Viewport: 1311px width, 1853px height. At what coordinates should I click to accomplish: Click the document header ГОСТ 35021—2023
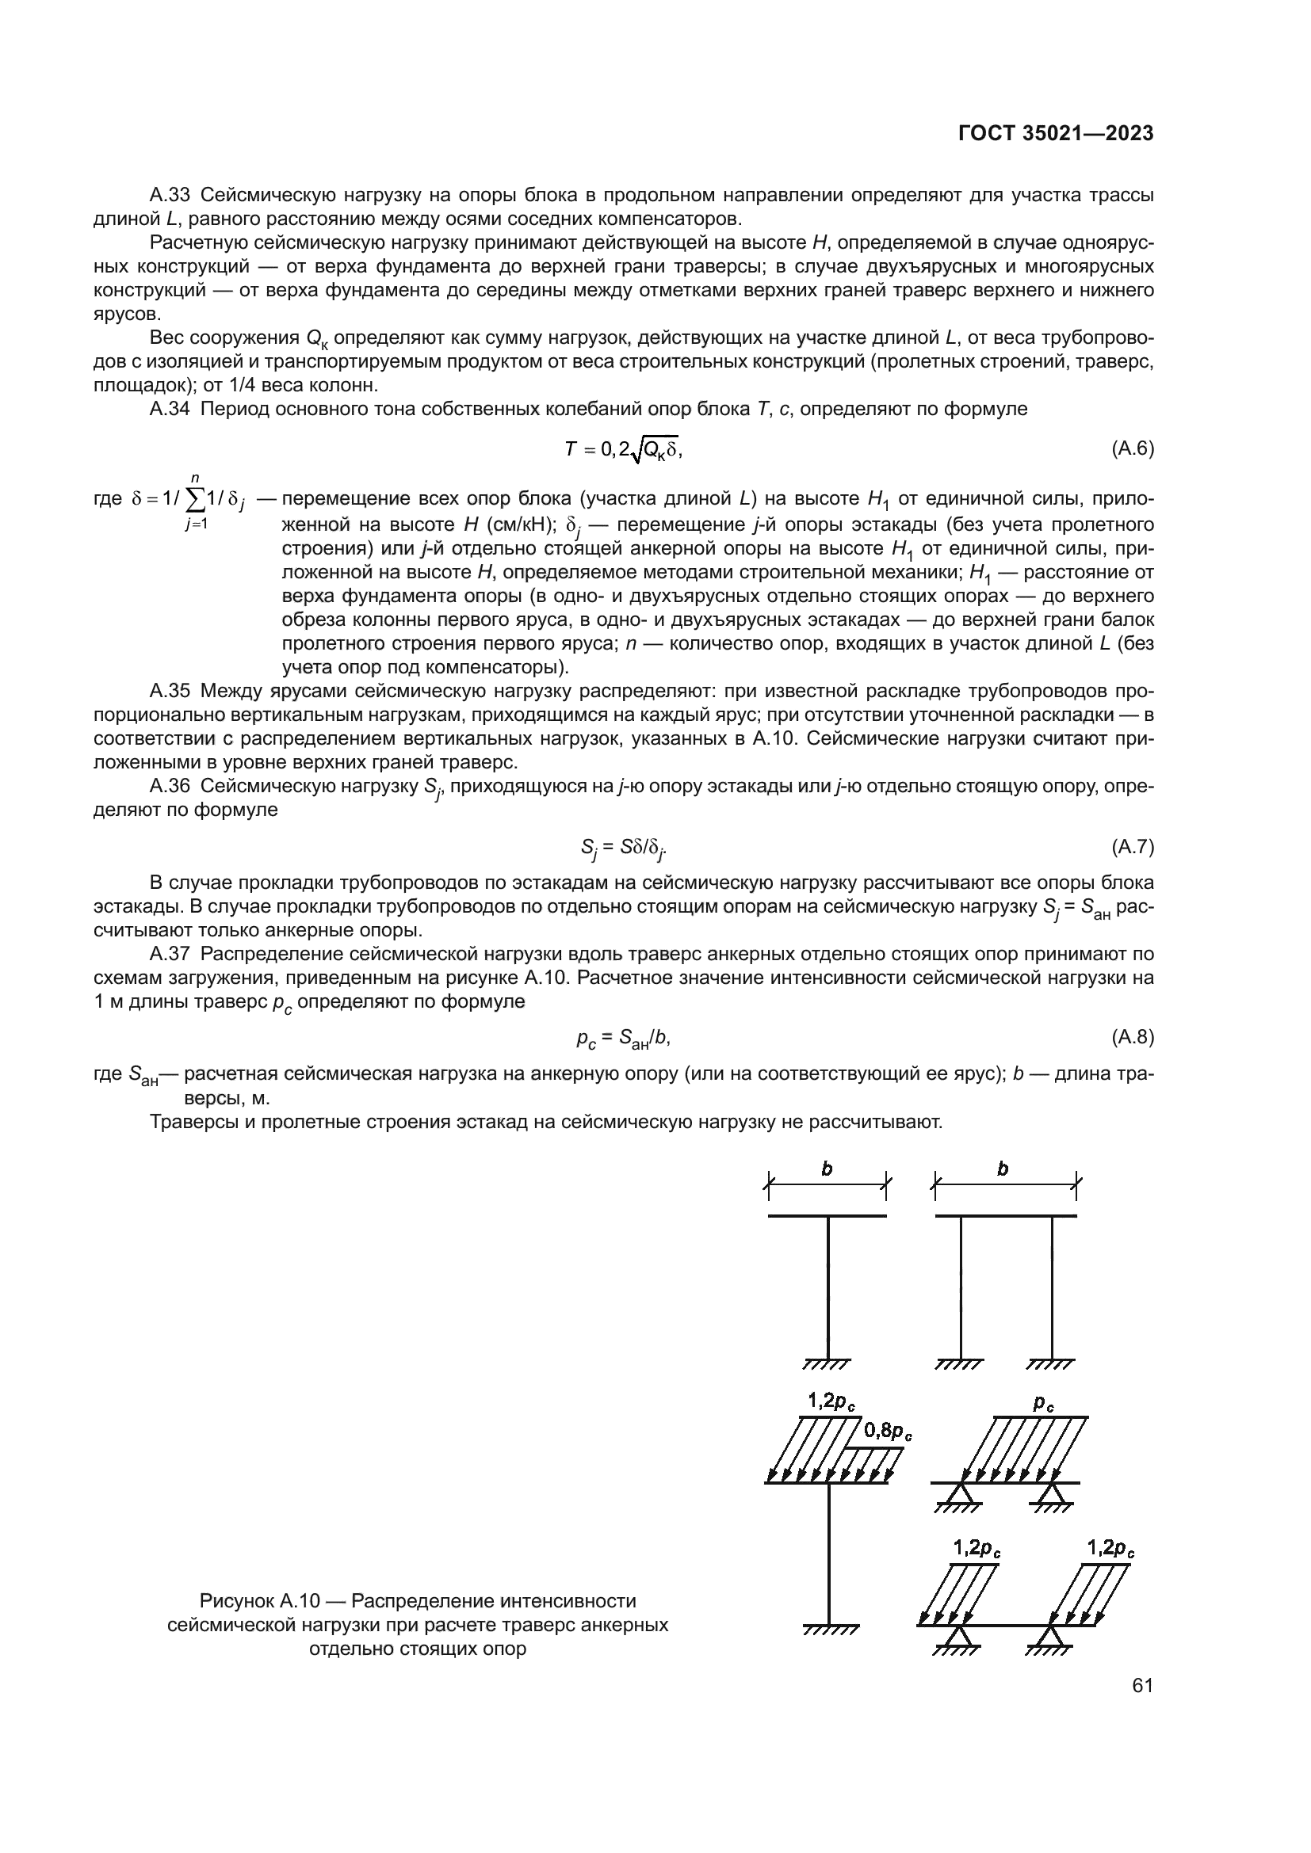coord(1056,133)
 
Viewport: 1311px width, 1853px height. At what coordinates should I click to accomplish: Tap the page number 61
coord(1142,1685)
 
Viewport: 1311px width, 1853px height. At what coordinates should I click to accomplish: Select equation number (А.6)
coord(1133,448)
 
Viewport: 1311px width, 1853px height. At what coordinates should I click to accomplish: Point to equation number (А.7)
coord(1133,847)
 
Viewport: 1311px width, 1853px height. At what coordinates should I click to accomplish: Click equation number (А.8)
coord(1133,1037)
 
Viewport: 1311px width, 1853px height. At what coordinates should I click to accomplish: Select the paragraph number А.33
coord(170,195)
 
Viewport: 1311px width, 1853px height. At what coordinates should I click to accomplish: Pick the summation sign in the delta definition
coord(195,501)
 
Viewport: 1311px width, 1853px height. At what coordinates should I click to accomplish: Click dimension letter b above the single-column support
coord(827,1169)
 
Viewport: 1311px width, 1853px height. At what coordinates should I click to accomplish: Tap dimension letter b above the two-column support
coord(1003,1169)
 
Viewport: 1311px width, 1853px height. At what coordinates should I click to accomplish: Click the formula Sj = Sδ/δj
coord(623,848)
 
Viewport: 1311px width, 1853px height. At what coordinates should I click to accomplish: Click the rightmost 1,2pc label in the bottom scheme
coord(1110,1549)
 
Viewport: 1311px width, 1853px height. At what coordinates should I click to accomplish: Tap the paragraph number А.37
coord(170,953)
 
